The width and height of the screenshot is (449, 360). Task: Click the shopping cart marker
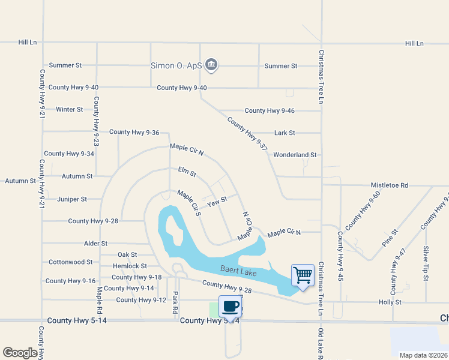(303, 275)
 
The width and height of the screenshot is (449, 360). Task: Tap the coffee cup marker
(230, 307)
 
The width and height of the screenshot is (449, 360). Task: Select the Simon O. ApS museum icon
(211, 65)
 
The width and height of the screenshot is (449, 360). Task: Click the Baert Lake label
(238, 272)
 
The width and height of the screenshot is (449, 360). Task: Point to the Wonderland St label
(295, 155)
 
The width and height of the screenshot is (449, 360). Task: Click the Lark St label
(285, 133)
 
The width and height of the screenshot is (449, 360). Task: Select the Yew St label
(217, 202)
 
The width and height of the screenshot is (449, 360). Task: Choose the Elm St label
(187, 173)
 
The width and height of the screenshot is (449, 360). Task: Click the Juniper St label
(72, 199)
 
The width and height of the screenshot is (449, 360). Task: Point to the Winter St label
(69, 109)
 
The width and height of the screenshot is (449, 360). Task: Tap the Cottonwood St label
(70, 262)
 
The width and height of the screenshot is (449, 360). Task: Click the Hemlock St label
(130, 266)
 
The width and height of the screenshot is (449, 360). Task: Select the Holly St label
(390, 302)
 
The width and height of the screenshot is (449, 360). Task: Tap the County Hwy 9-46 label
(270, 110)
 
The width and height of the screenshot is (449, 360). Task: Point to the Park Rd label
(175, 303)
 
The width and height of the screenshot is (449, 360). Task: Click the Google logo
(20, 353)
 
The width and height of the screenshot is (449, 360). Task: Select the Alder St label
(95, 244)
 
